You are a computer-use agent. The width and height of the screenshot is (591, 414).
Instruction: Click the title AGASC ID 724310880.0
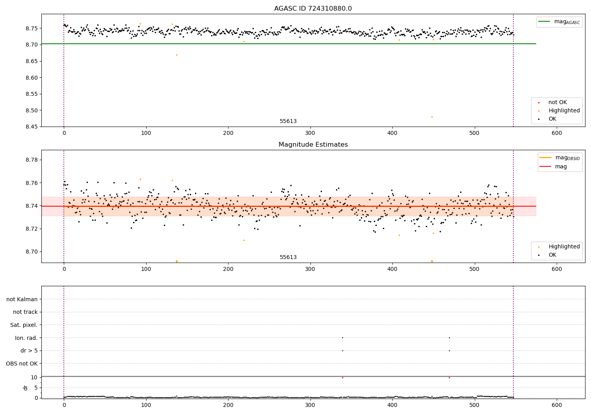click(x=313, y=9)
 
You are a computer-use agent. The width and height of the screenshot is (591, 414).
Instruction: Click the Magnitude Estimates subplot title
click(x=313, y=145)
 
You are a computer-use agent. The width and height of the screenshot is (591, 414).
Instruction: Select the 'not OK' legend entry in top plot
click(x=558, y=103)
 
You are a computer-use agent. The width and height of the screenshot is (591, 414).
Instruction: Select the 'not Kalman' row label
click(x=22, y=299)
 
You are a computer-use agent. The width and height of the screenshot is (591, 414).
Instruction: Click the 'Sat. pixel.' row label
click(x=24, y=325)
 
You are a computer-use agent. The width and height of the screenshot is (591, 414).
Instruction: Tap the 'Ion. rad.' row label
click(x=26, y=338)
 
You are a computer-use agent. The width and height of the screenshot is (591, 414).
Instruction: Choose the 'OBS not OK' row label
click(x=22, y=364)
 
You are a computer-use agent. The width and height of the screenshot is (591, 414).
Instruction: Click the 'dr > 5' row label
click(x=29, y=351)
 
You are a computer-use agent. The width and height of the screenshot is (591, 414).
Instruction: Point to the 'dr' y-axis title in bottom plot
click(x=26, y=388)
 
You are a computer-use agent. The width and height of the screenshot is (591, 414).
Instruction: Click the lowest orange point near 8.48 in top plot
click(x=432, y=117)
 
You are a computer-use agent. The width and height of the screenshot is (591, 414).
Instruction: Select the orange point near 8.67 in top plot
click(x=177, y=55)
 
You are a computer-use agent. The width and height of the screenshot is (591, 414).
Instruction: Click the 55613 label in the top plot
click(x=288, y=121)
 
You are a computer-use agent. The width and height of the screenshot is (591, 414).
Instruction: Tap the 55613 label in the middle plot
click(x=288, y=257)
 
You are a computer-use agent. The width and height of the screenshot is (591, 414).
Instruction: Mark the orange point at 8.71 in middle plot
click(x=244, y=240)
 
